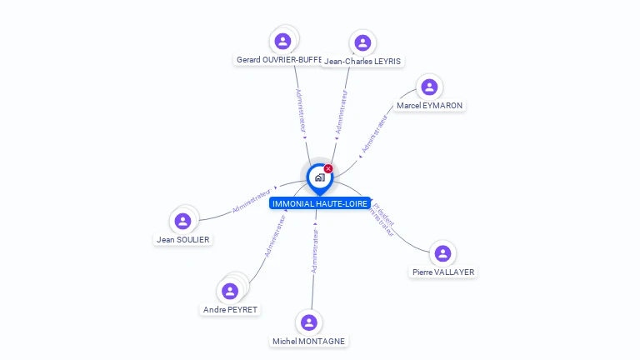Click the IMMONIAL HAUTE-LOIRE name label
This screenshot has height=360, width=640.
(320, 203)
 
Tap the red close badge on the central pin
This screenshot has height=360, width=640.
(328, 169)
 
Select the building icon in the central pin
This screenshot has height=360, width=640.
(319, 177)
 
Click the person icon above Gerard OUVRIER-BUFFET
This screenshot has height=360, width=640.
(282, 41)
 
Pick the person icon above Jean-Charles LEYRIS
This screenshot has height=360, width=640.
(362, 42)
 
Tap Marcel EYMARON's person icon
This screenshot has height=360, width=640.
(429, 87)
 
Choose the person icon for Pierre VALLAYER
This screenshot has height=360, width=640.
(442, 253)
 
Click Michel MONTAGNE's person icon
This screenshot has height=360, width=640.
(309, 322)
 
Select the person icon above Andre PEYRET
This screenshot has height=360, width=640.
(230, 291)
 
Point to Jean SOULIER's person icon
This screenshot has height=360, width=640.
(183, 221)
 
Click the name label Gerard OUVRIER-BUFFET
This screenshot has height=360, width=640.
(278, 60)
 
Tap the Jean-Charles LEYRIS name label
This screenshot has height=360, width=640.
(363, 61)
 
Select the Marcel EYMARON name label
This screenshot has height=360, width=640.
(430, 106)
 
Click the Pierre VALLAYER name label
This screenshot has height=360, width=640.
(444, 272)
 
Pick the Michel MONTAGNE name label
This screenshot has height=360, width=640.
(309, 341)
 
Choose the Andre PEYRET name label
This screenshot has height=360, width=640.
(231, 309)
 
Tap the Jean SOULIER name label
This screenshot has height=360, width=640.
(183, 239)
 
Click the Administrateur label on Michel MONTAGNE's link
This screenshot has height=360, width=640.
(315, 252)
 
